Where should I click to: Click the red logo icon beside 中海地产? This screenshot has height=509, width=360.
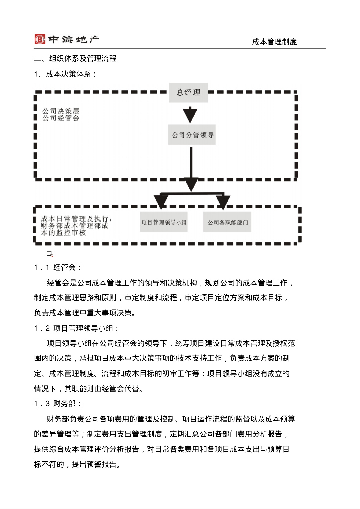[40, 39]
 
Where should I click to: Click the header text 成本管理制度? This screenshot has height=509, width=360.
[274, 42]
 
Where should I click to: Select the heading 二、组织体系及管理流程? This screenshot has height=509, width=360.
[76, 59]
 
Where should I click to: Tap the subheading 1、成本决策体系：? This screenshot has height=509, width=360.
[65, 74]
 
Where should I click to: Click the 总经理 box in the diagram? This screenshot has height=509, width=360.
[188, 93]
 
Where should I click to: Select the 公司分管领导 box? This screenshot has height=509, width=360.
[192, 135]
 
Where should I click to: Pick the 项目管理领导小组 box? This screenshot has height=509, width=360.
[164, 223]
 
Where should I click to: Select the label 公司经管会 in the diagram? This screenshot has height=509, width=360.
[60, 118]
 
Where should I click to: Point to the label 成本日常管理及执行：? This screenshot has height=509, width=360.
[77, 219]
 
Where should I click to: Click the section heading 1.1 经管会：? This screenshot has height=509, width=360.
[58, 267]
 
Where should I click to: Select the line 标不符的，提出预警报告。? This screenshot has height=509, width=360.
[77, 464]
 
